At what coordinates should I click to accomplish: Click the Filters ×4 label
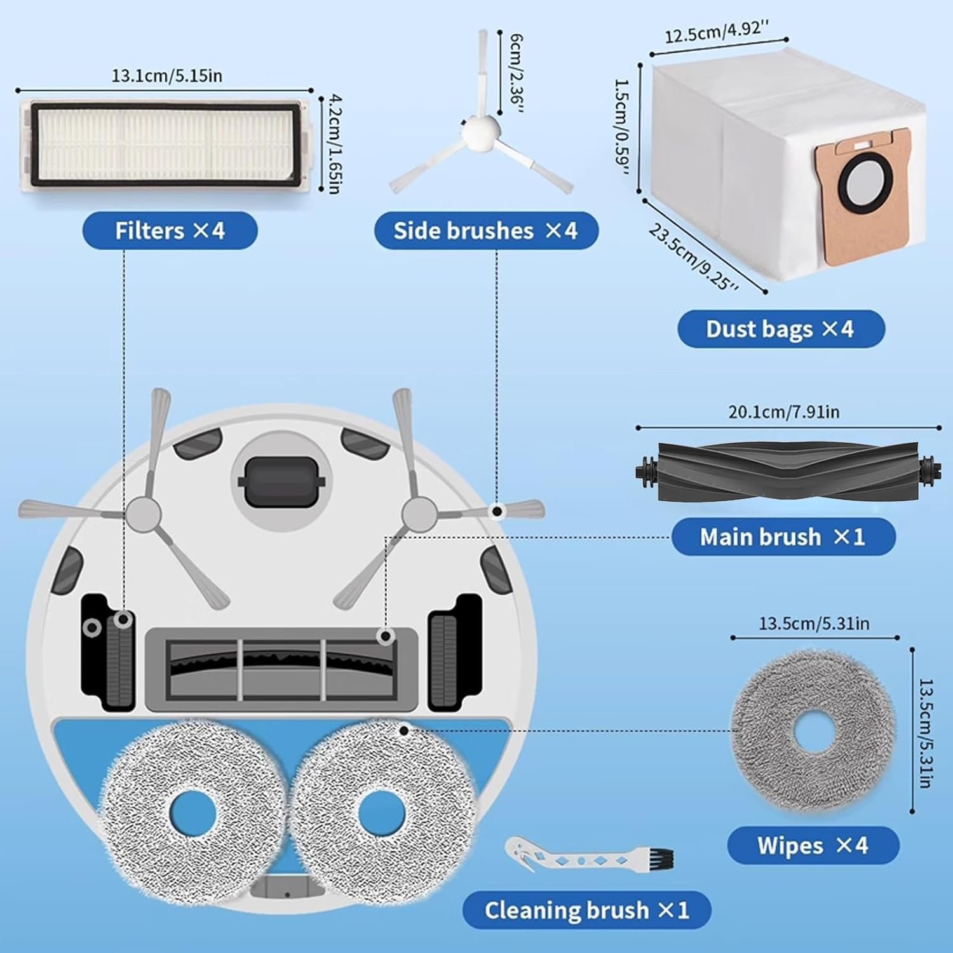tap(170, 231)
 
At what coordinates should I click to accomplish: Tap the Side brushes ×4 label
tap(485, 231)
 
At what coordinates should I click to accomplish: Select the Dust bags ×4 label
tap(780, 329)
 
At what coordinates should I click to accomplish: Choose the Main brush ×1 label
tap(783, 537)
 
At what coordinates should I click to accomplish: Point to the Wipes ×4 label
tap(813, 846)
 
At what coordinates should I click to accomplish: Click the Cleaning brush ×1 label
tap(586, 910)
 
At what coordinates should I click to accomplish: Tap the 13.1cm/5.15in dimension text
tap(166, 76)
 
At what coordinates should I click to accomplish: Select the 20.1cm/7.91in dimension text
tap(783, 412)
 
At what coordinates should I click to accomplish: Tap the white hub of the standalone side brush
tap(480, 130)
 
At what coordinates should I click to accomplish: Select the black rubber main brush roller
tap(788, 473)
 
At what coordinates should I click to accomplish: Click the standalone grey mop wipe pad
tap(813, 731)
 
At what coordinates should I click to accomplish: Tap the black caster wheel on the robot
tap(281, 482)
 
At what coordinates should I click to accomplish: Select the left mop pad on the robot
tap(191, 813)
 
